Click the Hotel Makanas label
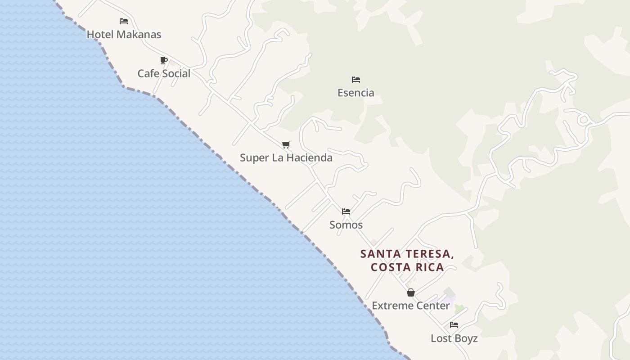[124, 34]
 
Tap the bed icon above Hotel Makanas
[124, 21]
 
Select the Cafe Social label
[164, 73]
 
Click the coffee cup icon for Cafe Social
[164, 60]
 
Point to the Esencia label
[356, 93]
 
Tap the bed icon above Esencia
[356, 80]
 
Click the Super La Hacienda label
[286, 157]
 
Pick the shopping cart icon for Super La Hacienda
[286, 144]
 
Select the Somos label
[346, 225]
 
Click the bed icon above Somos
[346, 211]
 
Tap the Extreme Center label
[411, 306]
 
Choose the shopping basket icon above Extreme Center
[411, 292]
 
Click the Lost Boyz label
[454, 338]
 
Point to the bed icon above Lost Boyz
[454, 325]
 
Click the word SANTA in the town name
[379, 254]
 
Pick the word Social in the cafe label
[176, 73]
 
